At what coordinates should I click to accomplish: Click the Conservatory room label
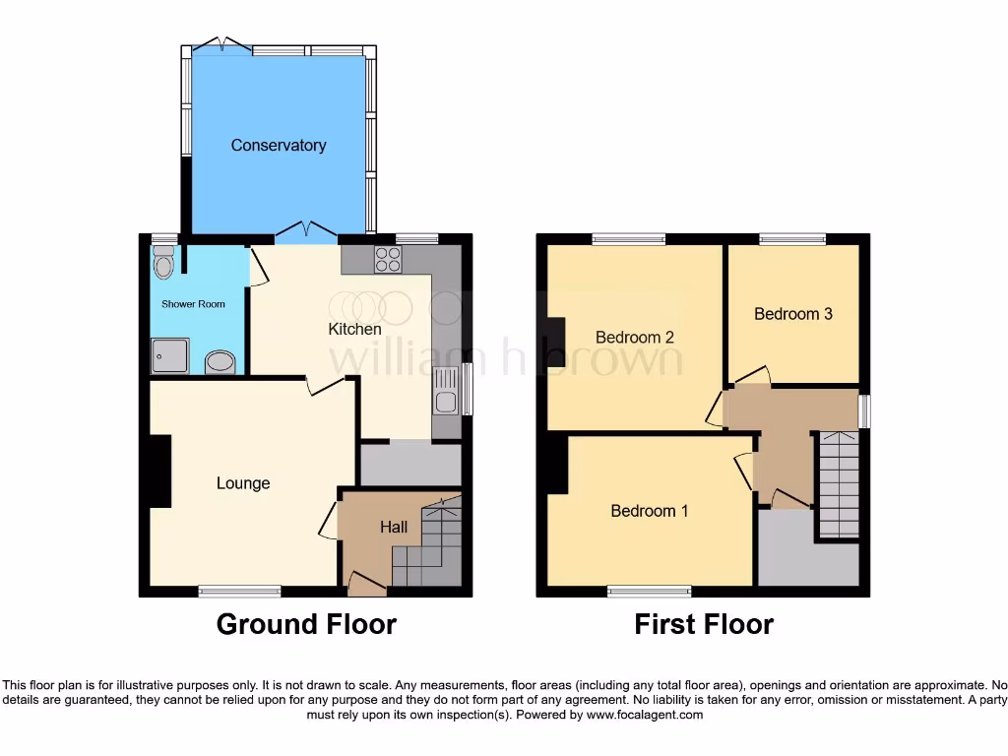(279, 146)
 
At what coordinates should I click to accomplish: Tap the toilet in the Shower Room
(164, 264)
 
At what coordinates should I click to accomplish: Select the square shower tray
(169, 355)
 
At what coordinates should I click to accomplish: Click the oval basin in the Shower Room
(220, 363)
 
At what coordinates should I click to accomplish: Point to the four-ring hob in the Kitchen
(388, 259)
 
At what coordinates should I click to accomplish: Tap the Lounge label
(243, 483)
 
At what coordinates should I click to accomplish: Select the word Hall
(394, 528)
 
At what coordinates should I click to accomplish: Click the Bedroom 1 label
(650, 511)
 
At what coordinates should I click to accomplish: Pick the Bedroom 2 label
(635, 338)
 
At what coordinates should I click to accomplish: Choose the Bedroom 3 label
(793, 314)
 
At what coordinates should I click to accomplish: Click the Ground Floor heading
(306, 624)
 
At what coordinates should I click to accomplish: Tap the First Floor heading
(704, 624)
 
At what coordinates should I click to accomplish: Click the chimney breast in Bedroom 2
(557, 343)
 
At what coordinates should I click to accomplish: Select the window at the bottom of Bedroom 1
(650, 591)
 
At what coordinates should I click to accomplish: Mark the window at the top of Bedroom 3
(792, 238)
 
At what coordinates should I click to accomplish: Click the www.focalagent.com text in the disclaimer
(644, 716)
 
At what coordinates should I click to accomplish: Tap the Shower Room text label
(194, 304)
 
